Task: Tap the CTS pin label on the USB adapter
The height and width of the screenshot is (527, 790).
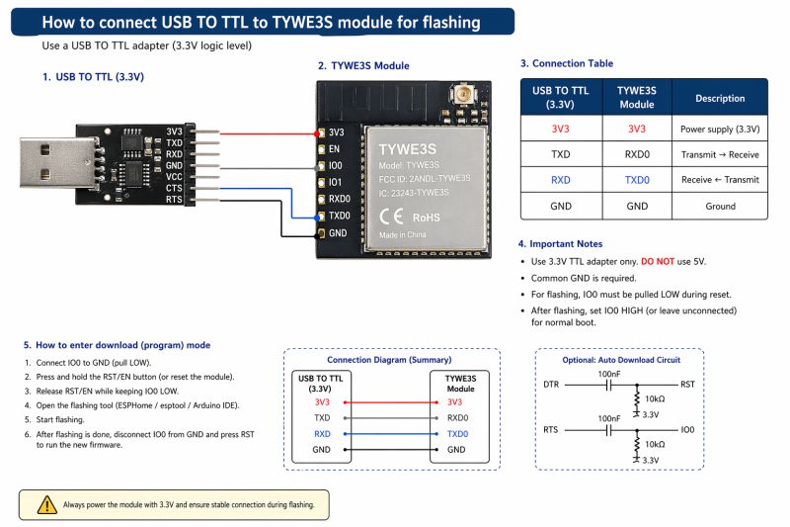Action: [x=174, y=187]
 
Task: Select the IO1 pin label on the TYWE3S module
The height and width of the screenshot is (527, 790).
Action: [x=336, y=182]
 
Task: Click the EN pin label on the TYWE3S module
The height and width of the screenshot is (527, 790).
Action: [x=335, y=148]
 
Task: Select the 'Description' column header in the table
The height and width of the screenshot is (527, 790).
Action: [x=720, y=98]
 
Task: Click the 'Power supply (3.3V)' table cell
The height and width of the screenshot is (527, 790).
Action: [x=720, y=129]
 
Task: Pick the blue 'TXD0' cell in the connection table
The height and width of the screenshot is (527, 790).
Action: [x=637, y=180]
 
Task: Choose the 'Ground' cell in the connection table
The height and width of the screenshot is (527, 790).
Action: [x=720, y=206]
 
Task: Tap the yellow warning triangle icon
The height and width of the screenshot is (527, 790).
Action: [x=46, y=504]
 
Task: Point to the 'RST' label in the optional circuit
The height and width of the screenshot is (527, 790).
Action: [x=688, y=383]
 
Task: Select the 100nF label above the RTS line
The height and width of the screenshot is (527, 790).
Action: [x=609, y=419]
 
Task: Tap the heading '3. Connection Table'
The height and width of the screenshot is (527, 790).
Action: [x=566, y=63]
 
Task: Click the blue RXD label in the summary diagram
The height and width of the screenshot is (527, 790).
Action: [x=322, y=433]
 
